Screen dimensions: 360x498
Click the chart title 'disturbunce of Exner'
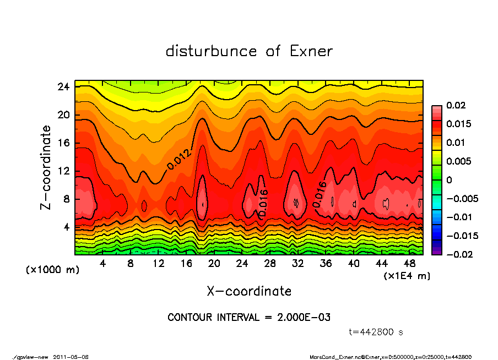click(249, 51)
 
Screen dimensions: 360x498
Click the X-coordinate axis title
click(249, 291)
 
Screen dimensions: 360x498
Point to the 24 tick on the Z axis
click(63, 87)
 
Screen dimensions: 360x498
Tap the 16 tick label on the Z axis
click(63, 143)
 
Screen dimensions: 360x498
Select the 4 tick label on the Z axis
click(66, 227)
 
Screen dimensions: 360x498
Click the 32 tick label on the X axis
click(298, 264)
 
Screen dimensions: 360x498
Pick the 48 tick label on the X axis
click(410, 264)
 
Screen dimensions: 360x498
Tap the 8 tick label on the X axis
click(131, 264)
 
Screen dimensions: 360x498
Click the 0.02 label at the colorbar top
click(457, 105)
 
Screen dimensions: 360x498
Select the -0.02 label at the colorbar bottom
click(461, 254)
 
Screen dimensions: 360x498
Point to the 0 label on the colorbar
click(449, 180)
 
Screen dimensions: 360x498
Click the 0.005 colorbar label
click(459, 161)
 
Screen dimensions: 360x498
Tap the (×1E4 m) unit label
click(407, 275)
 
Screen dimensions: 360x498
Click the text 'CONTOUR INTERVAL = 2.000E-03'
click(249, 318)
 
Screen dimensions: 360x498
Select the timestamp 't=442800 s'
click(376, 332)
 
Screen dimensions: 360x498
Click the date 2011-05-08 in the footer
click(71, 357)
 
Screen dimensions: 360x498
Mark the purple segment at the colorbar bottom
click(436, 252)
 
